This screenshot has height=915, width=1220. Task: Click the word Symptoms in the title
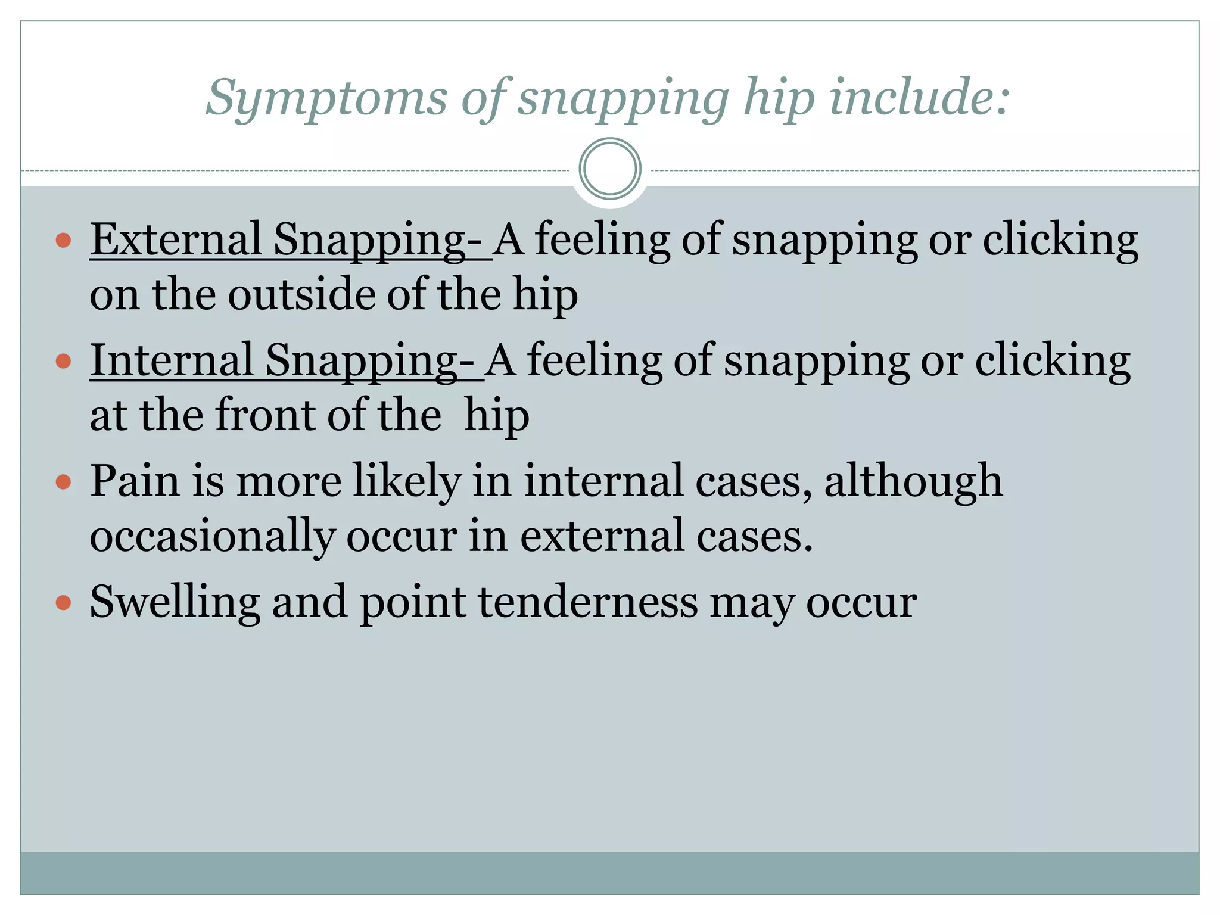pyautogui.click(x=326, y=98)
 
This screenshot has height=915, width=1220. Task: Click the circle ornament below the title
pyautogui.click(x=610, y=169)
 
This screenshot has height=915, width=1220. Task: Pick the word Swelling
pyautogui.click(x=175, y=602)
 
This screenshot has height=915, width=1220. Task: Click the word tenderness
pyautogui.click(x=587, y=602)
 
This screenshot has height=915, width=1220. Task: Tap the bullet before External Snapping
pyautogui.click(x=63, y=241)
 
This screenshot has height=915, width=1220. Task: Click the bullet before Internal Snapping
pyautogui.click(x=63, y=361)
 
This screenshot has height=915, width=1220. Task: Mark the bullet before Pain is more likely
pyautogui.click(x=63, y=481)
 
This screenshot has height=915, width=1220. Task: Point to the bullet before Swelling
pyautogui.click(x=63, y=603)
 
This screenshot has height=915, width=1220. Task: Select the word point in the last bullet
pyautogui.click(x=413, y=602)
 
